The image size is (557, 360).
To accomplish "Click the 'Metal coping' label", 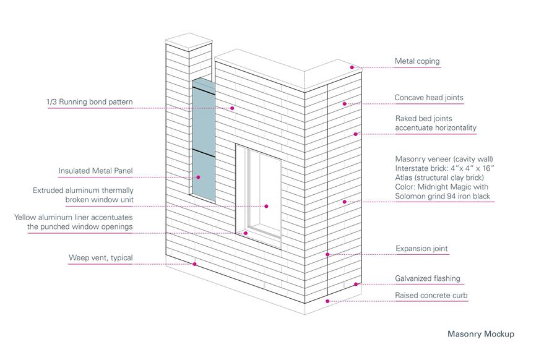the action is point(417,61).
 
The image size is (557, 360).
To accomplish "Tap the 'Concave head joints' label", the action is point(429,98).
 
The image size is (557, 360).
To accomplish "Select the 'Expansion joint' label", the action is point(421,249).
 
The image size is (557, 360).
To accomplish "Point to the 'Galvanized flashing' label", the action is point(428,278).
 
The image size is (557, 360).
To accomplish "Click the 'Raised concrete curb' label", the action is point(431,296).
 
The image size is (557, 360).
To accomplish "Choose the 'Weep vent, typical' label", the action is point(100,258).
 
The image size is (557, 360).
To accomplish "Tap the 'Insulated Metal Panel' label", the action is point(95,171).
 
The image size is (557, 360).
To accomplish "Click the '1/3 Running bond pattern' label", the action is point(90,102).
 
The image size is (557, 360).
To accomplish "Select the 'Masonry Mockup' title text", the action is point(481,334).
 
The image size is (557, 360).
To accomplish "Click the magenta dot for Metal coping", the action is point(352,67).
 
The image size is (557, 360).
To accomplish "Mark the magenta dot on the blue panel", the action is point(198,177).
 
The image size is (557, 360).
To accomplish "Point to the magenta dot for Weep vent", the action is point(195,264).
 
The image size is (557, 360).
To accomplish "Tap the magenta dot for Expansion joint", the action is point(327,255).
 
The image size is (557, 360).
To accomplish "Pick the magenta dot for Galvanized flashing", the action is point(356,285).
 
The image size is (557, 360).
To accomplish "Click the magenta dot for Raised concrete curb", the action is point(327,301).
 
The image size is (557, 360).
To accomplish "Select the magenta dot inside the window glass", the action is point(266,206).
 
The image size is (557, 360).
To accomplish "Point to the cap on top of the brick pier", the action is point(189,42).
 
